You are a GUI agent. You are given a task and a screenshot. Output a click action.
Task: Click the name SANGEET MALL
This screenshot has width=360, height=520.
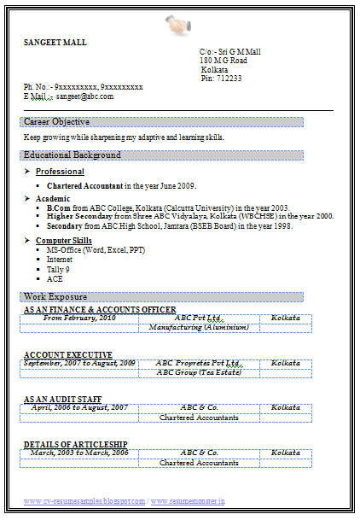pos(55,42)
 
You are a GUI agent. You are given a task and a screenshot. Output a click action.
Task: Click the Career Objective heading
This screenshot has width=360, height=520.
pos(57,122)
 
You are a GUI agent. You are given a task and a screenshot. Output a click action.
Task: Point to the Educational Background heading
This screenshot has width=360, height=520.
pos(73,155)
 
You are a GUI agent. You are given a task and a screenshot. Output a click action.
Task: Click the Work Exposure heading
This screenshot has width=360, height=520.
pos(55,296)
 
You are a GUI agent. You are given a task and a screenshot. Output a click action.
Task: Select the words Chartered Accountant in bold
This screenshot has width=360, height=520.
pos(84,185)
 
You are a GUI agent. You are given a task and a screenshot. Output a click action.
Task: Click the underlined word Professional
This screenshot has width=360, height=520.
pos(60,172)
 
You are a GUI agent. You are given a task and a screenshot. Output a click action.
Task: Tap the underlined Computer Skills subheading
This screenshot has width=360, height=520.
pos(63,241)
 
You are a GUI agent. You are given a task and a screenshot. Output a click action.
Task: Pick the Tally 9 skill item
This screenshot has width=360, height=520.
pos(58,269)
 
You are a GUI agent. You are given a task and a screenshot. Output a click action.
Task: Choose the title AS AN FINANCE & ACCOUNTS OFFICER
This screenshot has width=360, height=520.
pos(100,309)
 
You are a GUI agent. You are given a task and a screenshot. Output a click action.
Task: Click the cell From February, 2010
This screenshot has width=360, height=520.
pos(79,318)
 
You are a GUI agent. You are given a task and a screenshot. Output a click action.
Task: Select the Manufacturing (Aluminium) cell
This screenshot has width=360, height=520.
pos(199,327)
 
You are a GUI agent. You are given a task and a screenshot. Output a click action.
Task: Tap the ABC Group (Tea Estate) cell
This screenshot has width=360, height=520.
pos(199,372)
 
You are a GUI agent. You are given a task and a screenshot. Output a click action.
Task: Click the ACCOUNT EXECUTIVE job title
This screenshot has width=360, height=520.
pos(68,354)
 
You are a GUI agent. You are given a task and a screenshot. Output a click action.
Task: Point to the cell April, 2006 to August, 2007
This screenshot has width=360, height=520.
pos(79,408)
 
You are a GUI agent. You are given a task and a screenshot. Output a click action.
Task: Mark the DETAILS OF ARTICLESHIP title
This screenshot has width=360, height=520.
pos(76,444)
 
